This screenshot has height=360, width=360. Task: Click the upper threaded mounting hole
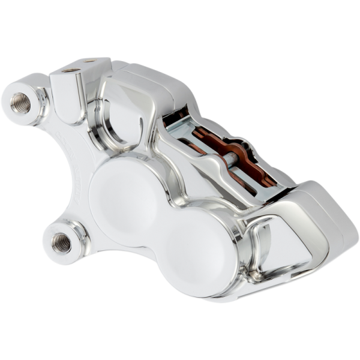[20, 102]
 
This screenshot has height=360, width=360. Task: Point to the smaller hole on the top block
[89, 61]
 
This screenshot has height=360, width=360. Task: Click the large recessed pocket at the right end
[282, 240]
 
